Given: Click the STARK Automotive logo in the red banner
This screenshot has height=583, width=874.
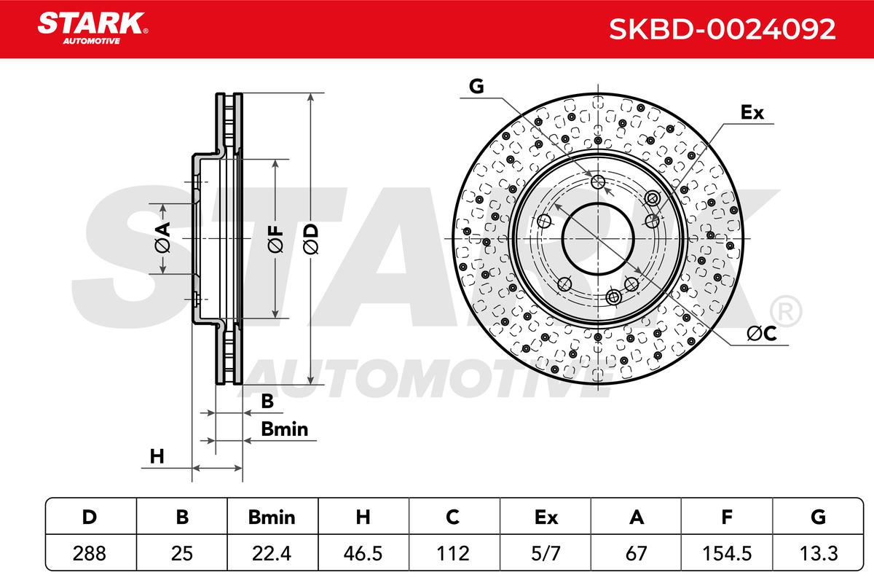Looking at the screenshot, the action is click(x=92, y=28).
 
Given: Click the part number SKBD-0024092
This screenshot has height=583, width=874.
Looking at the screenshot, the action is click(x=722, y=29).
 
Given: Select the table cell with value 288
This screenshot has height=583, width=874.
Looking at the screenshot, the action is click(x=90, y=553).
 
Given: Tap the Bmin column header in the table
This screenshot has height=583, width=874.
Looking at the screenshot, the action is click(x=272, y=517).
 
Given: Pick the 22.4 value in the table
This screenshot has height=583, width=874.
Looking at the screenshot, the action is click(x=272, y=553).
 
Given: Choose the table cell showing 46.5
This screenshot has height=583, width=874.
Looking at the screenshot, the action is click(x=363, y=553).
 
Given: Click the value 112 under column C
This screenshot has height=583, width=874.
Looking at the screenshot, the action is click(x=453, y=553).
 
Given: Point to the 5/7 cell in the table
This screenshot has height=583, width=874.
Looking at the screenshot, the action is click(x=546, y=553).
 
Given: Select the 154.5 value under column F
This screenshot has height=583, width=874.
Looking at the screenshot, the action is click(x=727, y=553).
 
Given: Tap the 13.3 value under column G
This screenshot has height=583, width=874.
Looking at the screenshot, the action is click(x=819, y=553).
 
